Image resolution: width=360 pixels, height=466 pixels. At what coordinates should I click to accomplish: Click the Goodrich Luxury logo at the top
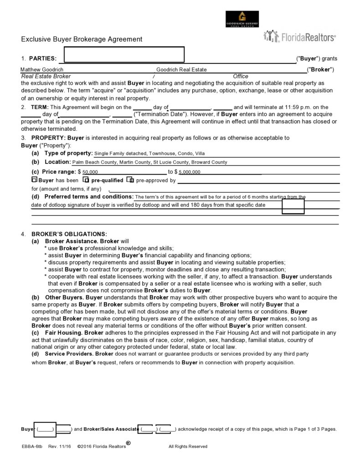(242, 19)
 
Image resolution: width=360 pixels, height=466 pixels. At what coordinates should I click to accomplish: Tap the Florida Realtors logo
(299, 37)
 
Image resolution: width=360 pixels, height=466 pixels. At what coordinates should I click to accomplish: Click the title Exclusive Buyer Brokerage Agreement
(82, 39)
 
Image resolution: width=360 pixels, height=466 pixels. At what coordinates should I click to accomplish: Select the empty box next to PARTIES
(124, 54)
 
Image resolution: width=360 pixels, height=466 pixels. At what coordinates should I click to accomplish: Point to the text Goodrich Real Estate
(181, 69)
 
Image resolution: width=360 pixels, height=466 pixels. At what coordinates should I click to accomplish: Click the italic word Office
(240, 76)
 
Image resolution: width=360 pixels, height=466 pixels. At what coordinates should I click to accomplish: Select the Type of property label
(69, 153)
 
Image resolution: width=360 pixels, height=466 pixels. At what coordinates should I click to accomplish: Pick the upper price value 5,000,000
(190, 172)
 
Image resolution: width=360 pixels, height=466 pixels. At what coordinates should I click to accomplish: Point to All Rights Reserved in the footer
(188, 446)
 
